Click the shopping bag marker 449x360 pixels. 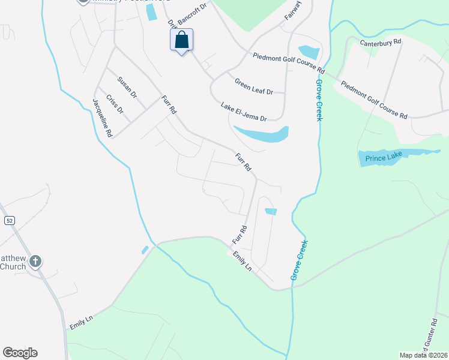(181, 41)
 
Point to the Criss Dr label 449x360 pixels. (114, 104)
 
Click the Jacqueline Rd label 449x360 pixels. (102, 119)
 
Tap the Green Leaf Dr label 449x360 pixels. (253, 87)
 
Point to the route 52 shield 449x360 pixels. (9, 221)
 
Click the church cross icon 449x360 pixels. (36, 261)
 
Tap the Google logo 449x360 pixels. (20, 353)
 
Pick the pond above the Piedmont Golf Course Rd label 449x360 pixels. (309, 52)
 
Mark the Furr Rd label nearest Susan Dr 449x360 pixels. (169, 105)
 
